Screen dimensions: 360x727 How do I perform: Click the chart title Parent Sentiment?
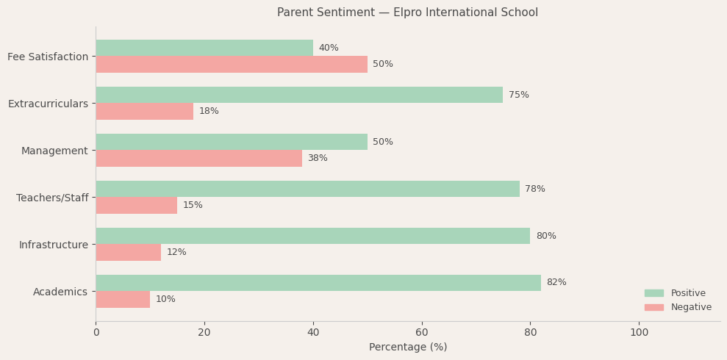(x=407, y=12)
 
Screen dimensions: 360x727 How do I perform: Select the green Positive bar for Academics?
(x=318, y=283)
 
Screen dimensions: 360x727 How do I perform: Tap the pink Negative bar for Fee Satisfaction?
(x=232, y=65)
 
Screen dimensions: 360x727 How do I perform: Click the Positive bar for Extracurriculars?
(x=299, y=95)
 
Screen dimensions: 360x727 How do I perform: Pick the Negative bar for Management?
(x=198, y=159)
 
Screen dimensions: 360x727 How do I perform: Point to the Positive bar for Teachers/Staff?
(x=307, y=189)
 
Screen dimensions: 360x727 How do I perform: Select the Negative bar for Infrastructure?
(x=128, y=253)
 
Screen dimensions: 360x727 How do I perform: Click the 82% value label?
(x=556, y=283)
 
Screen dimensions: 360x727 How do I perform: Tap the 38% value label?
(x=318, y=159)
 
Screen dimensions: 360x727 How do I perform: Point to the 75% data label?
(x=518, y=95)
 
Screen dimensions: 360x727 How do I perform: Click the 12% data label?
(x=176, y=253)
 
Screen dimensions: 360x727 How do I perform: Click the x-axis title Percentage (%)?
(x=408, y=348)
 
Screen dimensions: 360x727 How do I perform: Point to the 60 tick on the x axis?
(x=422, y=333)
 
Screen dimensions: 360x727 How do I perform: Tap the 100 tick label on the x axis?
(x=639, y=333)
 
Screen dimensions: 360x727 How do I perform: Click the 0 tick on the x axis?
(x=96, y=333)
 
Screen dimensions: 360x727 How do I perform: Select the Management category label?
(x=54, y=151)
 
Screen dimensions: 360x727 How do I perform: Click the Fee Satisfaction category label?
(x=48, y=57)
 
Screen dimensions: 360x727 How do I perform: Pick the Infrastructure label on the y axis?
(x=54, y=245)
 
